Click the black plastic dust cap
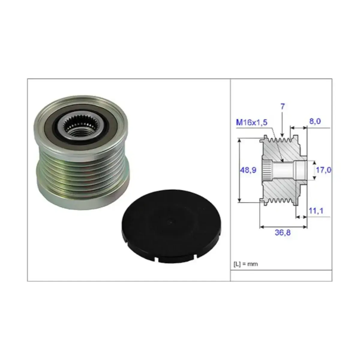[171, 226]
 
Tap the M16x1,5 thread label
[252, 123]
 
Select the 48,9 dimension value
[248, 170]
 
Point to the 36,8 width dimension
[283, 232]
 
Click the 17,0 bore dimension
[323, 170]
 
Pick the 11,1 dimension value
[316, 211]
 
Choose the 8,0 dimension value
[315, 121]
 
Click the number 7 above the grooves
[283, 106]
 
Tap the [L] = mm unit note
[245, 264]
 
